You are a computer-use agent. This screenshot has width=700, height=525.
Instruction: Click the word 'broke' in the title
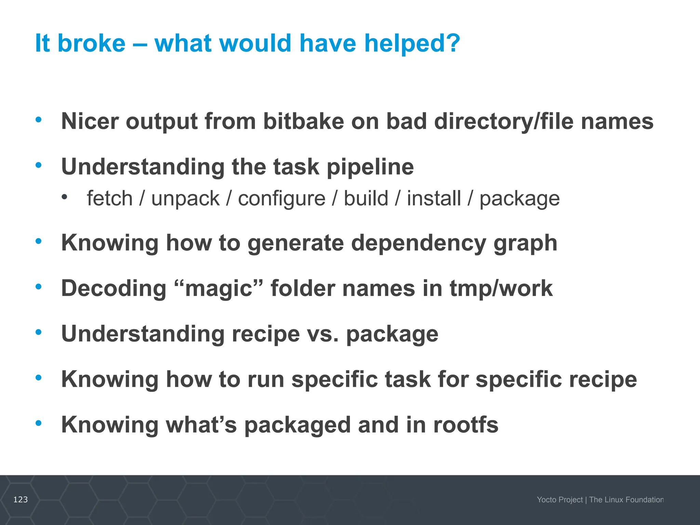[91, 43]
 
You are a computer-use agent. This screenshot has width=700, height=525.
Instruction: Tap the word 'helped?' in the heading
[412, 43]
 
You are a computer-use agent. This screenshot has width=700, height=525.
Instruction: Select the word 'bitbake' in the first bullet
[303, 121]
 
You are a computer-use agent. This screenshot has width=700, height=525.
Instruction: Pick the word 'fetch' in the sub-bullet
[109, 199]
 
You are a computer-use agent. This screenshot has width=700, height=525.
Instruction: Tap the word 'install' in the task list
[434, 199]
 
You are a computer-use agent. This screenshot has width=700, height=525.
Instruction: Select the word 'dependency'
[418, 243]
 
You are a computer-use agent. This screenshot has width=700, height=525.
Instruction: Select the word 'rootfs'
[466, 425]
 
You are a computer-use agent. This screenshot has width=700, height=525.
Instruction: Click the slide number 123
[21, 500]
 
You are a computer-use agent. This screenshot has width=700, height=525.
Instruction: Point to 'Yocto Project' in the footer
[560, 500]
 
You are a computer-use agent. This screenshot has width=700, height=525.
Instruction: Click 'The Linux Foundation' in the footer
[626, 500]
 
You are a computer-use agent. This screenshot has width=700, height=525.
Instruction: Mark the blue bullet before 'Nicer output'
[39, 120]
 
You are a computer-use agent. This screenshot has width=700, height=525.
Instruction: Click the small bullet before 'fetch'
[65, 197]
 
